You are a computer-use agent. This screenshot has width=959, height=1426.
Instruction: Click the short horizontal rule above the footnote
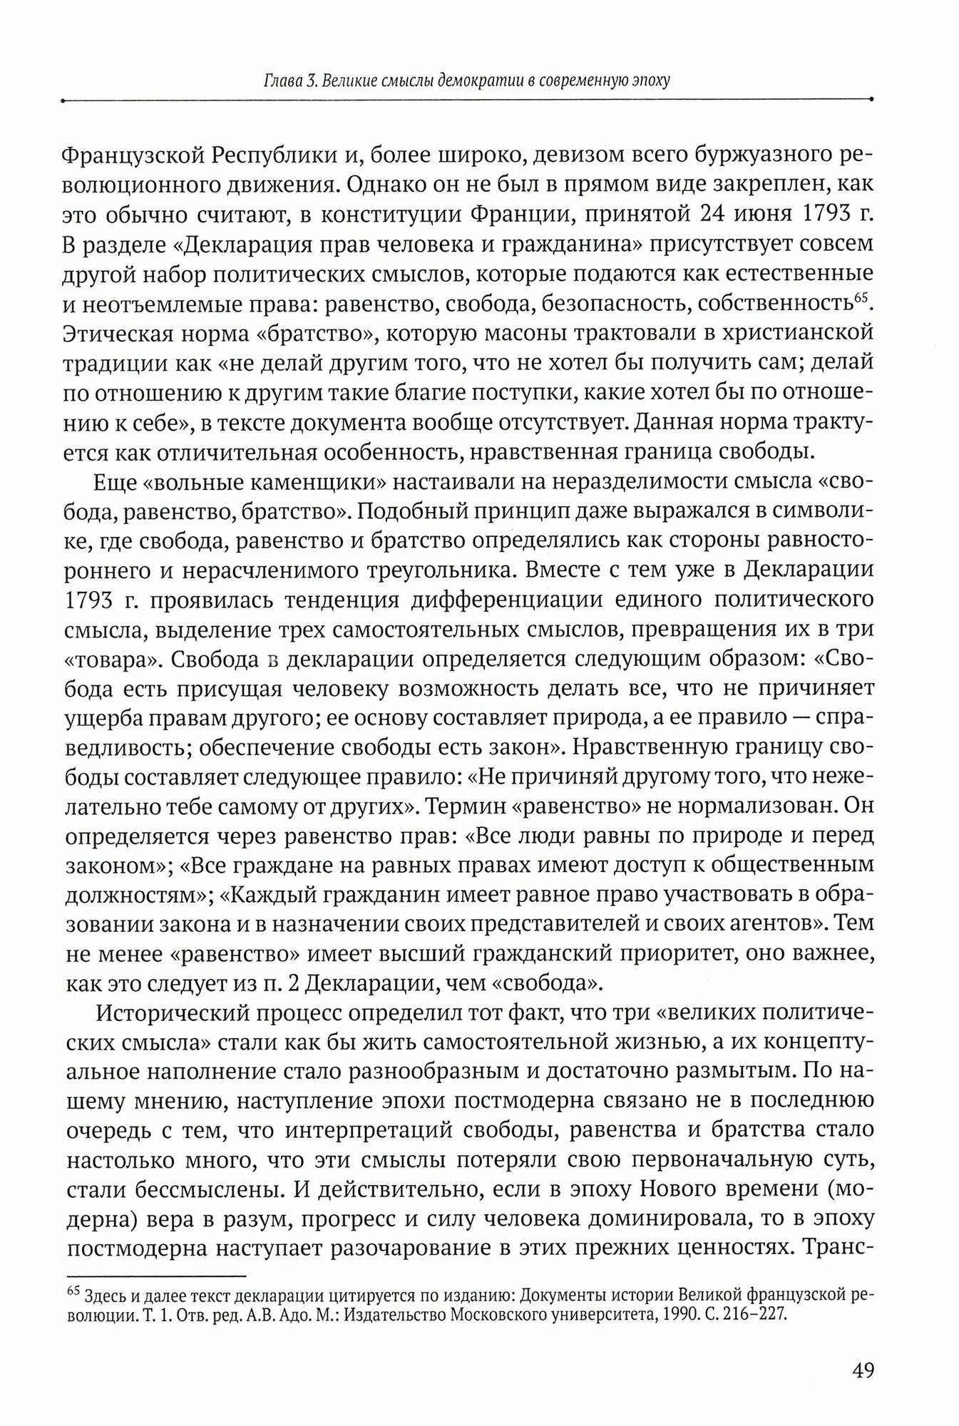[155, 1276]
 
